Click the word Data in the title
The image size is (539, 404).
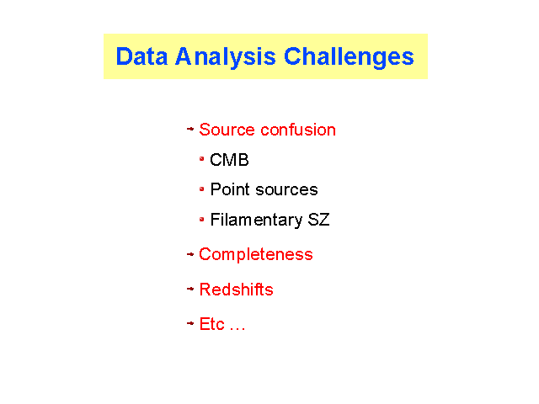tap(141, 56)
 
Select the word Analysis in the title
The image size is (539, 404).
tap(226, 57)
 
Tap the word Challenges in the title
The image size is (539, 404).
tap(349, 57)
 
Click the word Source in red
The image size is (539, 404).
tap(227, 130)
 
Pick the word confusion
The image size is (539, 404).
tap(298, 130)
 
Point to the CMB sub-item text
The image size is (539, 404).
tap(229, 160)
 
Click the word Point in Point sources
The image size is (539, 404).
tap(230, 189)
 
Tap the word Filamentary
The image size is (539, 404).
tap(256, 221)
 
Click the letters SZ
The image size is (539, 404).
tap(318, 220)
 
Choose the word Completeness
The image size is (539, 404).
tap(256, 255)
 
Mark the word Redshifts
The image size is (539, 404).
tap(236, 290)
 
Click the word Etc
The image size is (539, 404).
tap(211, 324)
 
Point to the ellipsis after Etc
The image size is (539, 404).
tap(237, 329)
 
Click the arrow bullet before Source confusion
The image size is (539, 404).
tap(190, 129)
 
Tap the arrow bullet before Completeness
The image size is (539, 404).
tap(190, 254)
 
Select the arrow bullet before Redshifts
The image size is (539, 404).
tap(190, 289)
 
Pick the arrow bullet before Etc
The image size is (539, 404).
tap(190, 323)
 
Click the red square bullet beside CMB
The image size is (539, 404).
tap(202, 158)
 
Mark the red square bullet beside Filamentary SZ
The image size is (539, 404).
tap(202, 219)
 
